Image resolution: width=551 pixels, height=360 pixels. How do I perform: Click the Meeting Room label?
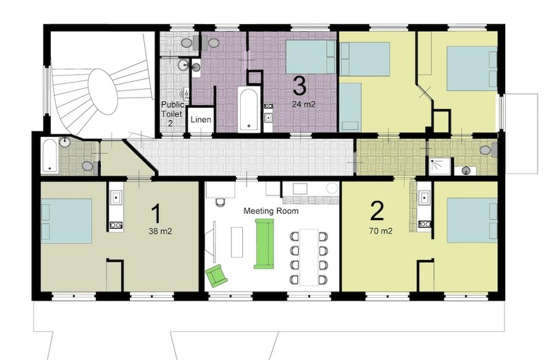271,211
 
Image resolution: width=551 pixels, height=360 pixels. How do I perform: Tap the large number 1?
155,214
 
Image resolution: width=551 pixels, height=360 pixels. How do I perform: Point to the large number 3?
299,85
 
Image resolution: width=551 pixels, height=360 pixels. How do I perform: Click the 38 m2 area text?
160,231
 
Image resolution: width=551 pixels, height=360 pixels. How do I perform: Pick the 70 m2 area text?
381,231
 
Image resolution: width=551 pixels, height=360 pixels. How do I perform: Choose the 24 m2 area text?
304,104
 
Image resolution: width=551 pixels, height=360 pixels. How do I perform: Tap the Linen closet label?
201,119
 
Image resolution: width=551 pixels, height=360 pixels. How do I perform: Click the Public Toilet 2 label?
172,114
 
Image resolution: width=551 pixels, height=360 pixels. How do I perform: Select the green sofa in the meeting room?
264,244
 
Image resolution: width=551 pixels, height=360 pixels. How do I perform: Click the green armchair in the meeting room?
216,276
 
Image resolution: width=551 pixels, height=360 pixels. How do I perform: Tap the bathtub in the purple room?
249,109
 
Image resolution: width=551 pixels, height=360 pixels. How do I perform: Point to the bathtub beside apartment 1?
49,156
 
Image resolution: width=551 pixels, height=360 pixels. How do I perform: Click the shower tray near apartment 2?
439,166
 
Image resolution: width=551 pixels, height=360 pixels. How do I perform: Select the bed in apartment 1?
67,221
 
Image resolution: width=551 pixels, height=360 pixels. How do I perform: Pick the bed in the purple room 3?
311,56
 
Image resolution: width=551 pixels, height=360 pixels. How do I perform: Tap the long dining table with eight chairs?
309,257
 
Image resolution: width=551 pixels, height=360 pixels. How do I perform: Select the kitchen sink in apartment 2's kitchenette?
425,198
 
